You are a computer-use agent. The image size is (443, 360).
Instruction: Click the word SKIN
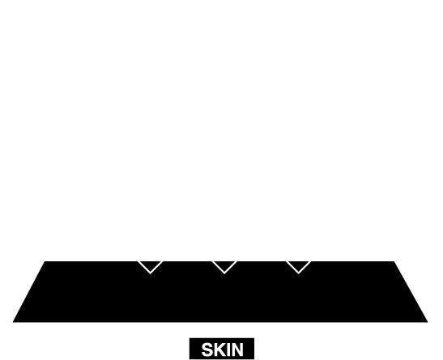pyautogui.click(x=223, y=349)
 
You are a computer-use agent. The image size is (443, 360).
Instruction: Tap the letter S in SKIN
pyautogui.click(x=207, y=349)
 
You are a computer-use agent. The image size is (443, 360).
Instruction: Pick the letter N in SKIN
pyautogui.click(x=237, y=349)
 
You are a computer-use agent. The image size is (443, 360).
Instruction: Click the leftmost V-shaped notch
pyautogui.click(x=151, y=267)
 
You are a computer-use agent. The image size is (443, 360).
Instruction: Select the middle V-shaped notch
pyautogui.click(x=224, y=267)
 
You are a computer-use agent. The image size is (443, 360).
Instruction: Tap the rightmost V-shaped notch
pyautogui.click(x=299, y=267)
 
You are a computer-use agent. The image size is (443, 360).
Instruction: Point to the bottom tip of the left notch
pyautogui.click(x=151, y=273)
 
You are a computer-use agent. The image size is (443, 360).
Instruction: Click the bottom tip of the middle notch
pyautogui.click(x=224, y=273)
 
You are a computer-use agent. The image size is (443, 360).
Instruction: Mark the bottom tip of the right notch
pyautogui.click(x=299, y=273)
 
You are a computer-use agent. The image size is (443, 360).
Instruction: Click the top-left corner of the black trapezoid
pyautogui.click(x=45, y=261)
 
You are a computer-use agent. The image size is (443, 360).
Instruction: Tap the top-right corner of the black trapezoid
pyautogui.click(x=394, y=261)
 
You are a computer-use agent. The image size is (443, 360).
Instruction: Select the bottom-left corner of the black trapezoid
pyautogui.click(x=13, y=322)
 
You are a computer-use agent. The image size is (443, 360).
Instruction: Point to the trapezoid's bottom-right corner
pyautogui.click(x=428, y=322)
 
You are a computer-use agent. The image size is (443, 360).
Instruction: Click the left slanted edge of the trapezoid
pyautogui.click(x=29, y=292)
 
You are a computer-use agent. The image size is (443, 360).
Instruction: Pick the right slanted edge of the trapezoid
pyautogui.click(x=411, y=292)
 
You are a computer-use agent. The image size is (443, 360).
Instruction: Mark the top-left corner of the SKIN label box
pyautogui.click(x=190, y=338)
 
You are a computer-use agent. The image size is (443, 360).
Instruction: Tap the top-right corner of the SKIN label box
pyautogui.click(x=254, y=338)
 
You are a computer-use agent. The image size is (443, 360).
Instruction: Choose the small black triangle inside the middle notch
pyautogui.click(x=224, y=265)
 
